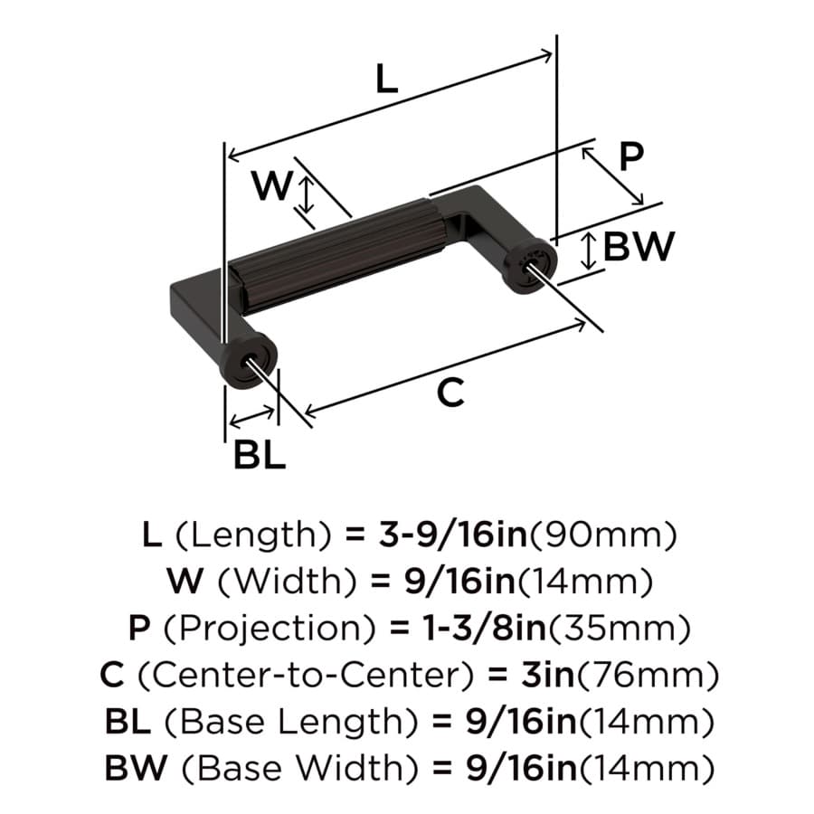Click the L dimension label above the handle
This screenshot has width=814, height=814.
click(x=386, y=79)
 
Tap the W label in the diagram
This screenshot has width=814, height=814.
click(x=272, y=185)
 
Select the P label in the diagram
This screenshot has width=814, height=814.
click(x=632, y=156)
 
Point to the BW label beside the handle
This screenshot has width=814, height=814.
click(x=639, y=246)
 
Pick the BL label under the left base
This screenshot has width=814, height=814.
click(x=260, y=454)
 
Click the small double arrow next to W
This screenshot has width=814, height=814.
click(x=308, y=194)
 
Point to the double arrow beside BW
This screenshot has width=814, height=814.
click(x=588, y=251)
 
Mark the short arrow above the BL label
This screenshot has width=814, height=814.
click(x=251, y=418)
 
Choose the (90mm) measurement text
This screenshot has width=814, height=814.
click(x=602, y=535)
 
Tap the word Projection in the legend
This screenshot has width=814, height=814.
click(x=270, y=629)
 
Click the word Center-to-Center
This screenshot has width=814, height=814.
click(x=307, y=675)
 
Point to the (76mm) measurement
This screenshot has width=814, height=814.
click(x=648, y=676)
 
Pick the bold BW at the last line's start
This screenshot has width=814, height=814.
click(x=136, y=768)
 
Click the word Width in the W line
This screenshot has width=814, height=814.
click(x=287, y=582)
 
